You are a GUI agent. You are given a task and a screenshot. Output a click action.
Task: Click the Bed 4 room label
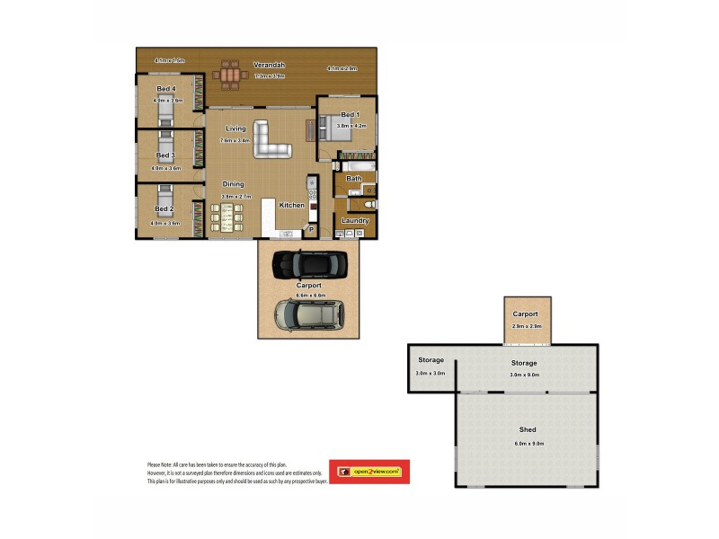(x=165, y=89)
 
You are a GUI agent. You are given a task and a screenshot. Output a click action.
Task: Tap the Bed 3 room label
(x=165, y=155)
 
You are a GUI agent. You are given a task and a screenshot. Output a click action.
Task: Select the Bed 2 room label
(x=165, y=209)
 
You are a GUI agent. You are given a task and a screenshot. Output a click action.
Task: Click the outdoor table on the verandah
(x=231, y=76)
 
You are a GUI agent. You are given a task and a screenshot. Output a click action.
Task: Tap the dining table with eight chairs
(x=226, y=217)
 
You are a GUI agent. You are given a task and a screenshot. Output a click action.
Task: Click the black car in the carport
(x=308, y=263)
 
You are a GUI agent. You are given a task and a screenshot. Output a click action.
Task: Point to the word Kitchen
(x=291, y=206)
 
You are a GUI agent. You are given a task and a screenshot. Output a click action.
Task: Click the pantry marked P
(x=312, y=230)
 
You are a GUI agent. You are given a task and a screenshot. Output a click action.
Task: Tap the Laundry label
(x=355, y=220)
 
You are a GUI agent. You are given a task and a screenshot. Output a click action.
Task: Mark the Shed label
(x=528, y=430)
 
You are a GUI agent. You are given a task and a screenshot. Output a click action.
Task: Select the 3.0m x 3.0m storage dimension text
(x=431, y=374)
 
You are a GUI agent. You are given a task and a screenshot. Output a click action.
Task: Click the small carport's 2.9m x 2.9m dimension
(x=526, y=326)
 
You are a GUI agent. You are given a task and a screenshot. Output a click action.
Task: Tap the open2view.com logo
(x=368, y=472)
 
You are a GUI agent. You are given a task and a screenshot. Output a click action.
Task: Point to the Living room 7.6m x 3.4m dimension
(x=235, y=141)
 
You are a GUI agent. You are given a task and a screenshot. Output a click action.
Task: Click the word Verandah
(x=269, y=65)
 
